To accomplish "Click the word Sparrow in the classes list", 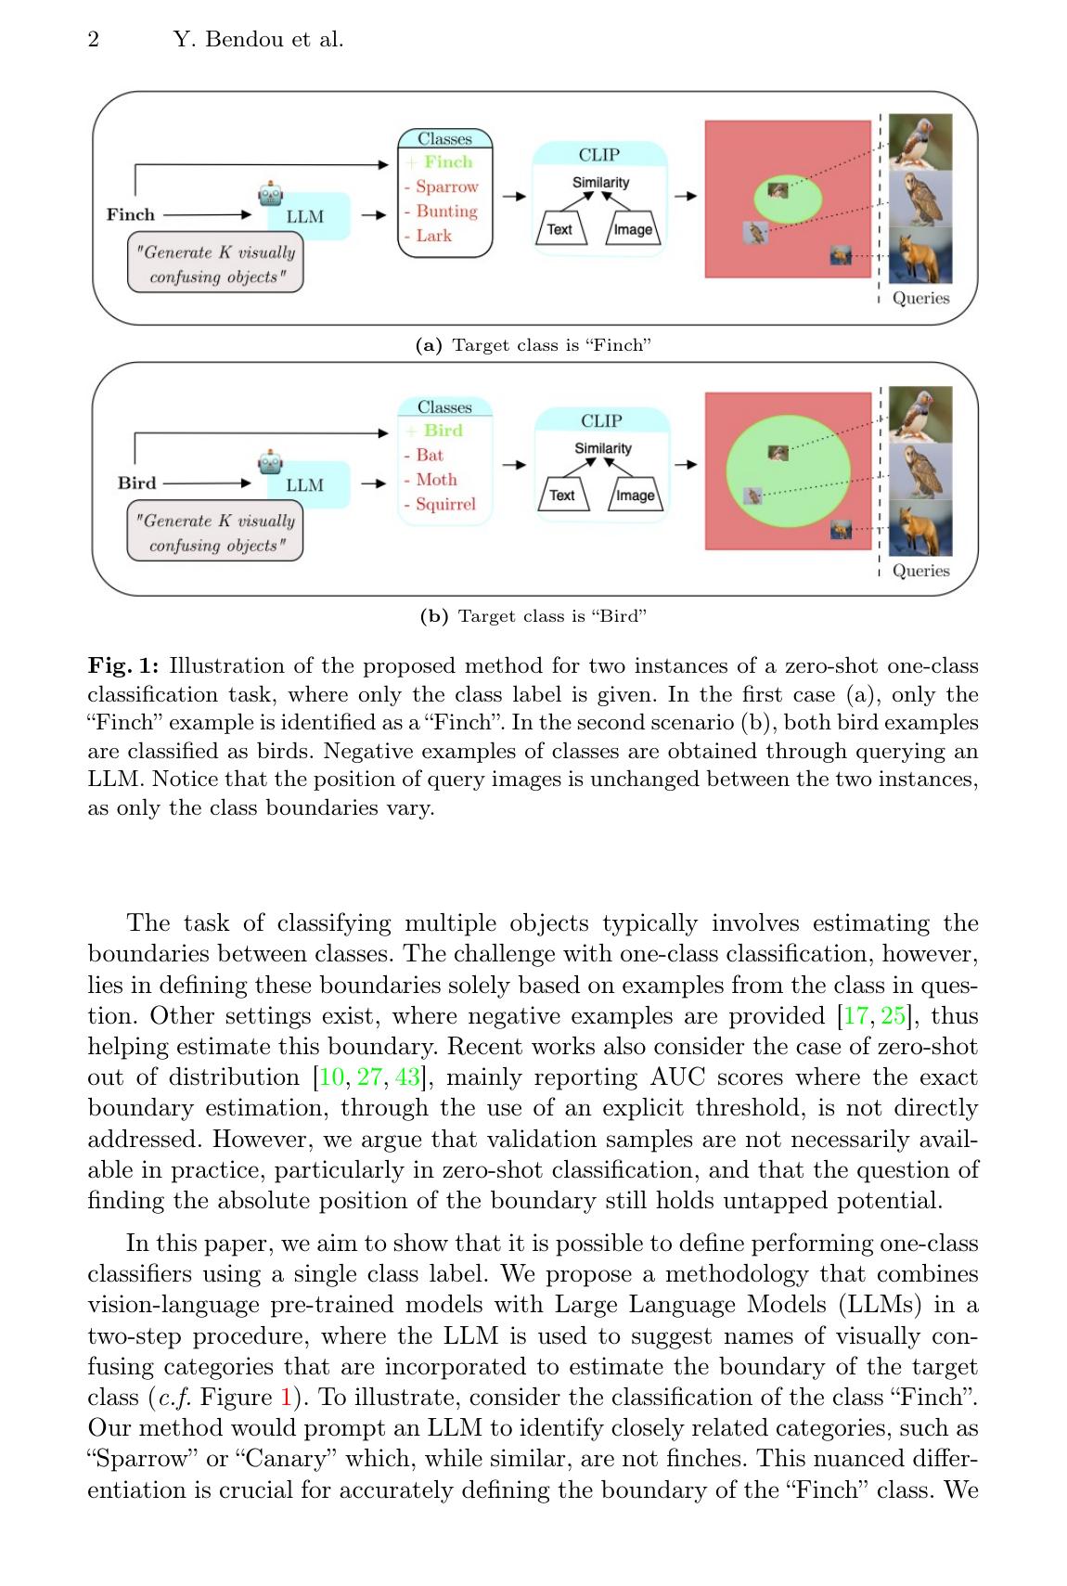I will [x=446, y=187].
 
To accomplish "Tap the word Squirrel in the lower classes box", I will [x=445, y=504].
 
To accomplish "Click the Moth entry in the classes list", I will [x=436, y=479].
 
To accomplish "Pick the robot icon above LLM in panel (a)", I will [x=271, y=194].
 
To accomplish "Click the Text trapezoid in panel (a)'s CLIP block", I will [x=559, y=229].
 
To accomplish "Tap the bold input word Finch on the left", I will [x=131, y=214].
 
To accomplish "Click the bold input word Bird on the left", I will [x=136, y=483].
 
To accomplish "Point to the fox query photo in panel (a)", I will [x=919, y=256].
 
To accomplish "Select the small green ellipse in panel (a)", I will [x=788, y=198].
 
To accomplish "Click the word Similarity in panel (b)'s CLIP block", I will [x=602, y=448].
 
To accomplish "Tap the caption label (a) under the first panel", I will [x=428, y=345].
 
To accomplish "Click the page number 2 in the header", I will [x=93, y=39].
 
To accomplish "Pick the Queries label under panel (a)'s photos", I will [x=920, y=298].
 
